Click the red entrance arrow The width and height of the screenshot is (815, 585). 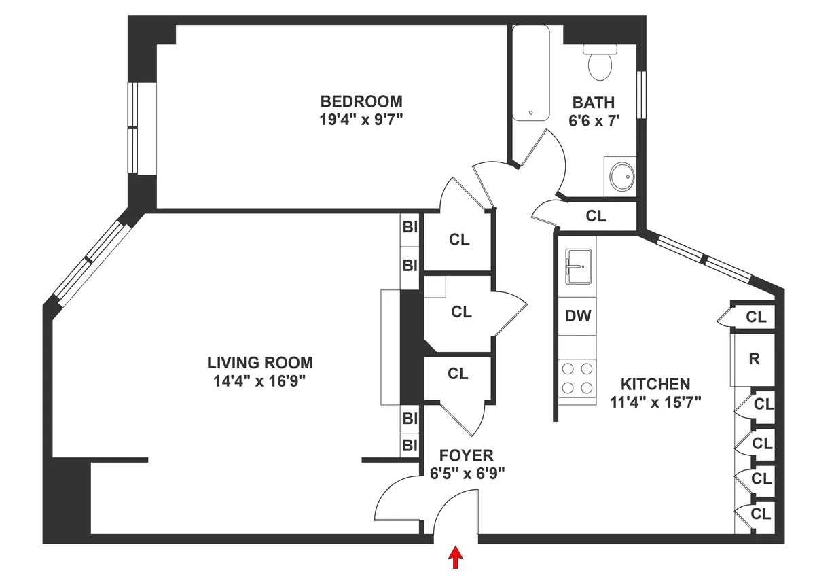coord(456,558)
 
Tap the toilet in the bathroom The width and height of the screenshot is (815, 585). coord(600,62)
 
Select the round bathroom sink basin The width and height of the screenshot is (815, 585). coord(621,177)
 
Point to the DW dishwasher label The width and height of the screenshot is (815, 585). coord(578,316)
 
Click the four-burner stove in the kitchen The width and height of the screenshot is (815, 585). coord(577,378)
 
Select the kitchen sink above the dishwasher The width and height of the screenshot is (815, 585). coord(578,266)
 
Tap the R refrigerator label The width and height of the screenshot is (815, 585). coord(753,359)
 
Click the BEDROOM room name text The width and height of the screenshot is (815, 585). coord(361,101)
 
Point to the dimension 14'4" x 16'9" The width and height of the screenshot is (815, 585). coord(260,380)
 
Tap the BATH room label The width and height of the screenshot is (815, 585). coord(593,103)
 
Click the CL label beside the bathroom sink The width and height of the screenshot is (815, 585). coord(596,217)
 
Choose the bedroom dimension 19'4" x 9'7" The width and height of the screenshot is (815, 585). coord(361,120)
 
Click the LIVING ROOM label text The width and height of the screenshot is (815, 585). coord(260,362)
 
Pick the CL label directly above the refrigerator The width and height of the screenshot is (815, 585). coord(756,317)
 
